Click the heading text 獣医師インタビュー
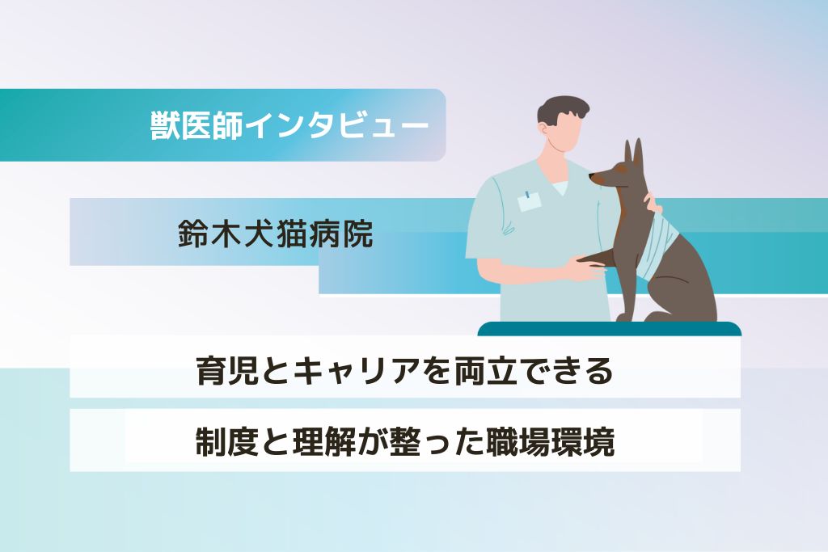click(x=289, y=125)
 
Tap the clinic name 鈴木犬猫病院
click(x=276, y=233)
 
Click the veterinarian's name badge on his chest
click(x=529, y=201)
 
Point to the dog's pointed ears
click(x=634, y=156)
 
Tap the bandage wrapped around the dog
click(x=653, y=242)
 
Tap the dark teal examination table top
click(x=610, y=328)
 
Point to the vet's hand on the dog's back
click(x=652, y=203)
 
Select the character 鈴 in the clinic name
click(x=193, y=233)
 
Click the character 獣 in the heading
click(x=165, y=125)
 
